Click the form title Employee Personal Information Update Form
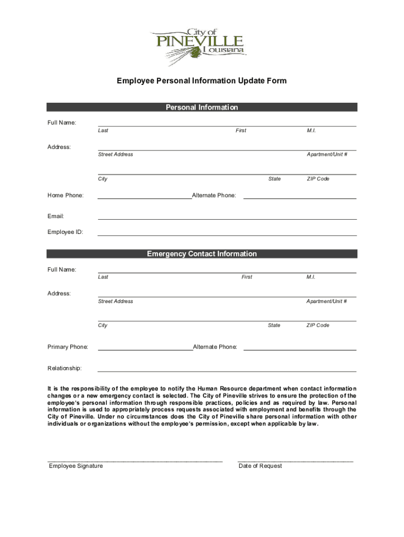coord(201,81)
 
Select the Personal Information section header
coord(201,108)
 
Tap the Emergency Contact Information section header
coord(201,254)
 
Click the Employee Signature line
coord(135,460)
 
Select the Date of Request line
coord(295,460)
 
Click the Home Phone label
coord(66,196)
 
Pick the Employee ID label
coord(66,232)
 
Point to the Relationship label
coord(65,369)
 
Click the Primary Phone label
coord(68,347)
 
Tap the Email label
coord(56,216)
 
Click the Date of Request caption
coord(260,466)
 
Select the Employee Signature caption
coord(76,466)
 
